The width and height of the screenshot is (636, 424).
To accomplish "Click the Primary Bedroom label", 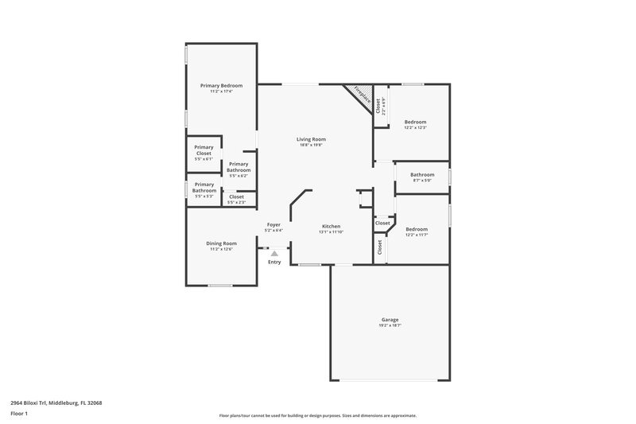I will point(221,85).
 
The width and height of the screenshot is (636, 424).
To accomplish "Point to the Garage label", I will point(390,320).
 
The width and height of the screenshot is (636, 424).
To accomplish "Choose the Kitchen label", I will point(332,226).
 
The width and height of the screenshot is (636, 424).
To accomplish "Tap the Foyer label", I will point(273,225).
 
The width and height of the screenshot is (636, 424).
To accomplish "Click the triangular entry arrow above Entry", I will point(274,253).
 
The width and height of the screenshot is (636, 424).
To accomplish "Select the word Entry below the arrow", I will point(274,262).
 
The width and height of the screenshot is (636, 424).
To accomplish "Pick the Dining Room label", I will point(222,243).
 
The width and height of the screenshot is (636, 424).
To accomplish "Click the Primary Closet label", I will point(204,150).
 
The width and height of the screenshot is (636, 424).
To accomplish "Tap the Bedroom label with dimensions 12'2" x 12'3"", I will point(416,122).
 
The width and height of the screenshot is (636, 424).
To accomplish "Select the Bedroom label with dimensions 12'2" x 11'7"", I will point(417,228).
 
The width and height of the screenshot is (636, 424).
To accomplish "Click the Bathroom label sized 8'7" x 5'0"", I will point(422,174).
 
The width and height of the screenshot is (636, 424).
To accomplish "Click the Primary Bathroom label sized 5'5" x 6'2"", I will point(238,167).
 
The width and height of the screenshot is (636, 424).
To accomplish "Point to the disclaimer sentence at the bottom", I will point(317,415).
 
